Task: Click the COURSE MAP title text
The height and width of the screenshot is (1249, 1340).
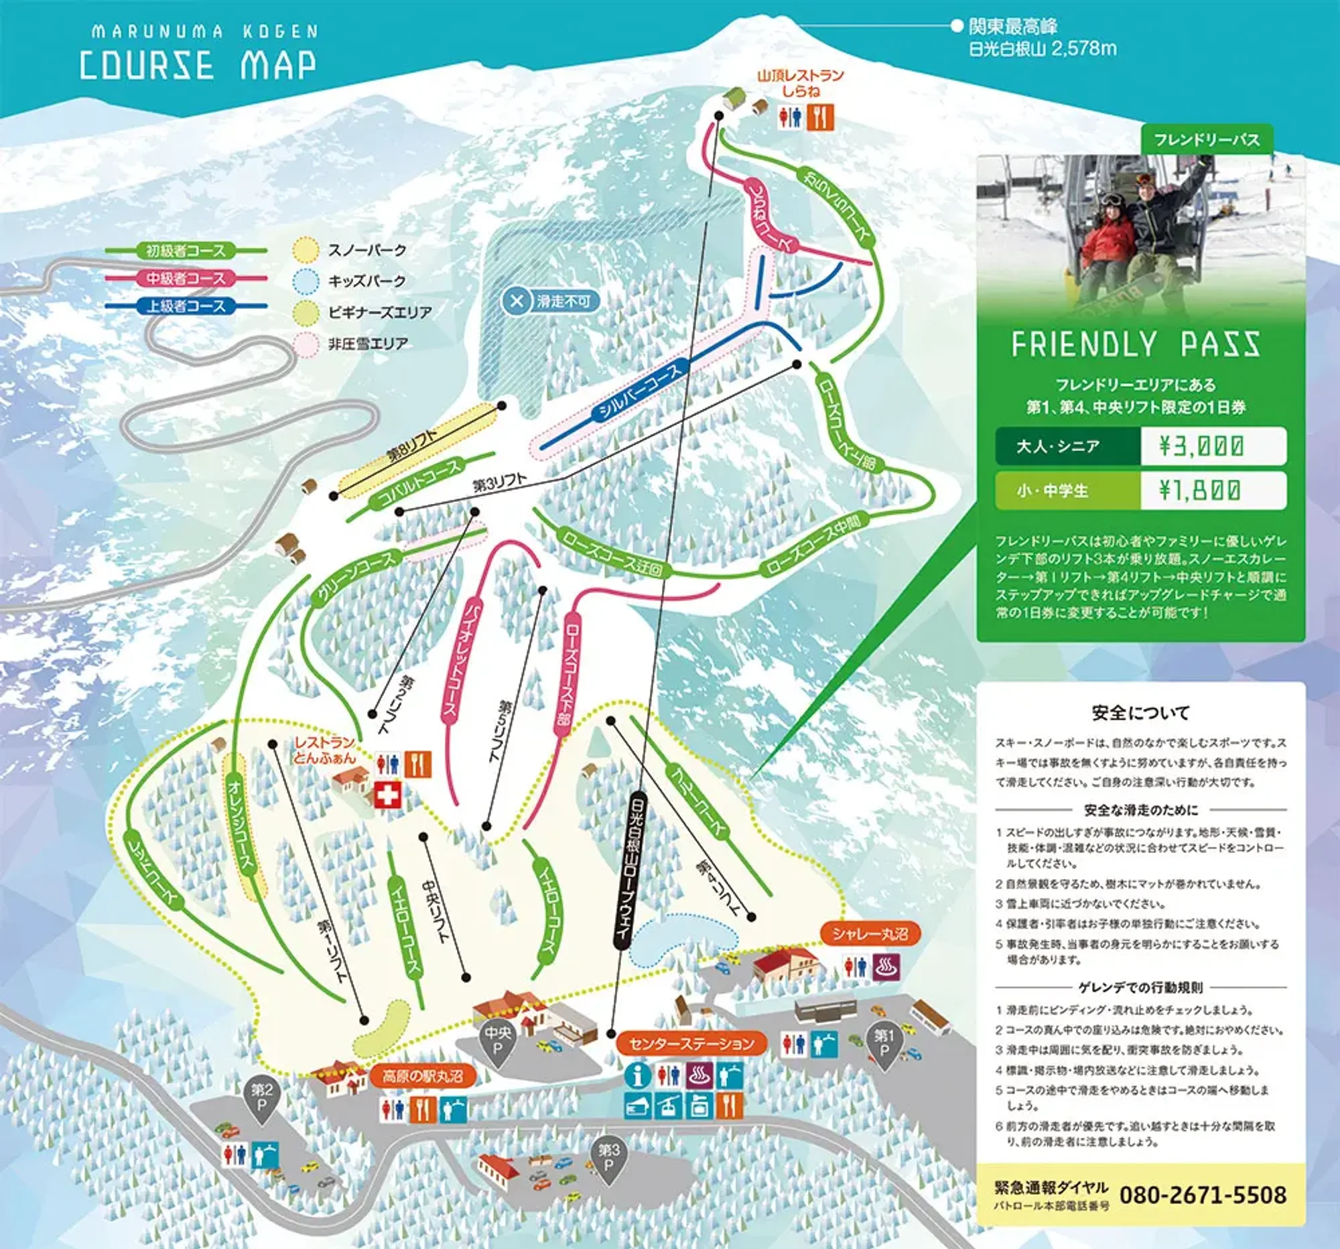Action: point(198,66)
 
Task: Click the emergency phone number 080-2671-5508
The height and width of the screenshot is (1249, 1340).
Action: point(1203,1195)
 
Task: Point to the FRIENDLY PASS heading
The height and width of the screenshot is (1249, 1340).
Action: point(1135,344)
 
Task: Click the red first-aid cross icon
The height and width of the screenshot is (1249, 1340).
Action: point(387,795)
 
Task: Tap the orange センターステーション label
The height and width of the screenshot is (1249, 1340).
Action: point(691,1044)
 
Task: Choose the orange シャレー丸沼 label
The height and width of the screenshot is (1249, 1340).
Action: point(870,933)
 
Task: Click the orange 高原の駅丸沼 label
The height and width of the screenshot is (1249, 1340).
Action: point(422,1076)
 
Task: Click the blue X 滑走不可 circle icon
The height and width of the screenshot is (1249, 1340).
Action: point(517,301)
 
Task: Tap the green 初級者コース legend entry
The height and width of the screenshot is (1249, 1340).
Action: point(186,251)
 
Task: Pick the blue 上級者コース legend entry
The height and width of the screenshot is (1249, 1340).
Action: point(186,306)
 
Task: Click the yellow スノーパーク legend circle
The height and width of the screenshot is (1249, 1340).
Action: point(306,250)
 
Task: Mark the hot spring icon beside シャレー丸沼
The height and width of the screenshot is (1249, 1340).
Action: point(888,968)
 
